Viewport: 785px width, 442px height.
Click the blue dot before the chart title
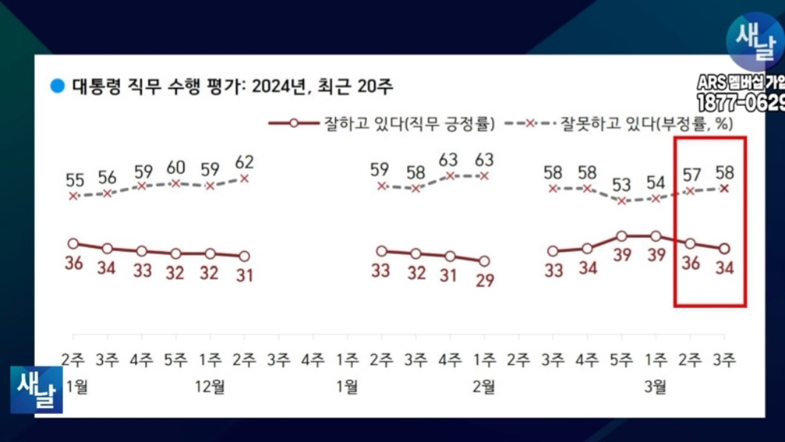[57, 86]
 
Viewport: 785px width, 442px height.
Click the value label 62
[244, 162]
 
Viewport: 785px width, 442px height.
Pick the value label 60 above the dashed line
[176, 167]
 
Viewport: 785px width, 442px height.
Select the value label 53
[621, 184]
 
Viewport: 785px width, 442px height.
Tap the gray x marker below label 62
[244, 178]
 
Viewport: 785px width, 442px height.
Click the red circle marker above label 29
[484, 261]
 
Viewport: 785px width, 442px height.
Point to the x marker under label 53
[622, 201]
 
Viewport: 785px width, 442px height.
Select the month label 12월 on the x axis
[210, 386]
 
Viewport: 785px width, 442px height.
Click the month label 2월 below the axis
[484, 386]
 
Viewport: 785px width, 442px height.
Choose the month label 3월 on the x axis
[656, 386]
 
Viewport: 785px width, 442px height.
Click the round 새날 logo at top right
[754, 42]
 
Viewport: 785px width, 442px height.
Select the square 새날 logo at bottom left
[36, 389]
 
